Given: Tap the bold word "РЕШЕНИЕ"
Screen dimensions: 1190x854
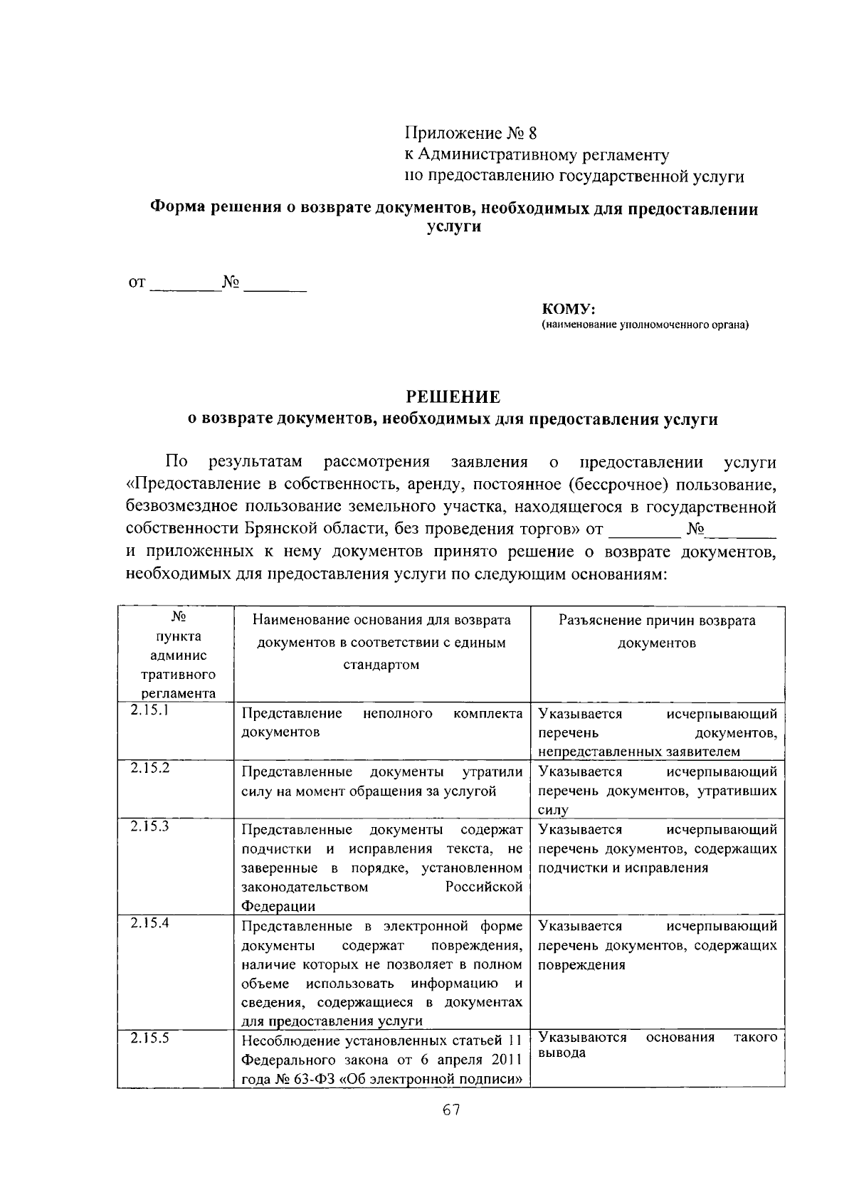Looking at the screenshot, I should pos(453,396).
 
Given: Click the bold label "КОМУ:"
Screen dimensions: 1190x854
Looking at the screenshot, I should pos(568,309).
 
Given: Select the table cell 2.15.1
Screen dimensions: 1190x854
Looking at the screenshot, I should pos(149,710).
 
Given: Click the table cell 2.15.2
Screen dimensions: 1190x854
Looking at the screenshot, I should pos(149,768).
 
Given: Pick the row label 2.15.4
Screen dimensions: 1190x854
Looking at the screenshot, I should pos(149,922).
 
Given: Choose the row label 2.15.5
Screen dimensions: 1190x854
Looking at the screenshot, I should pos(149,1038).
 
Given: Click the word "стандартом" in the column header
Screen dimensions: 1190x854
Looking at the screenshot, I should pos(381,665).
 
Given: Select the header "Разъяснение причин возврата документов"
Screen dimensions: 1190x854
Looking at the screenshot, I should pos(657,631).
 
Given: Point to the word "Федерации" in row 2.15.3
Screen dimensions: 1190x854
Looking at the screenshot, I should pos(278,906).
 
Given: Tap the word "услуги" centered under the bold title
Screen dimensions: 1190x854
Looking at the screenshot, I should pos(453,227).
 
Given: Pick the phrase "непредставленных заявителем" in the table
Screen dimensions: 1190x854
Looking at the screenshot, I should pos(638,752).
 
